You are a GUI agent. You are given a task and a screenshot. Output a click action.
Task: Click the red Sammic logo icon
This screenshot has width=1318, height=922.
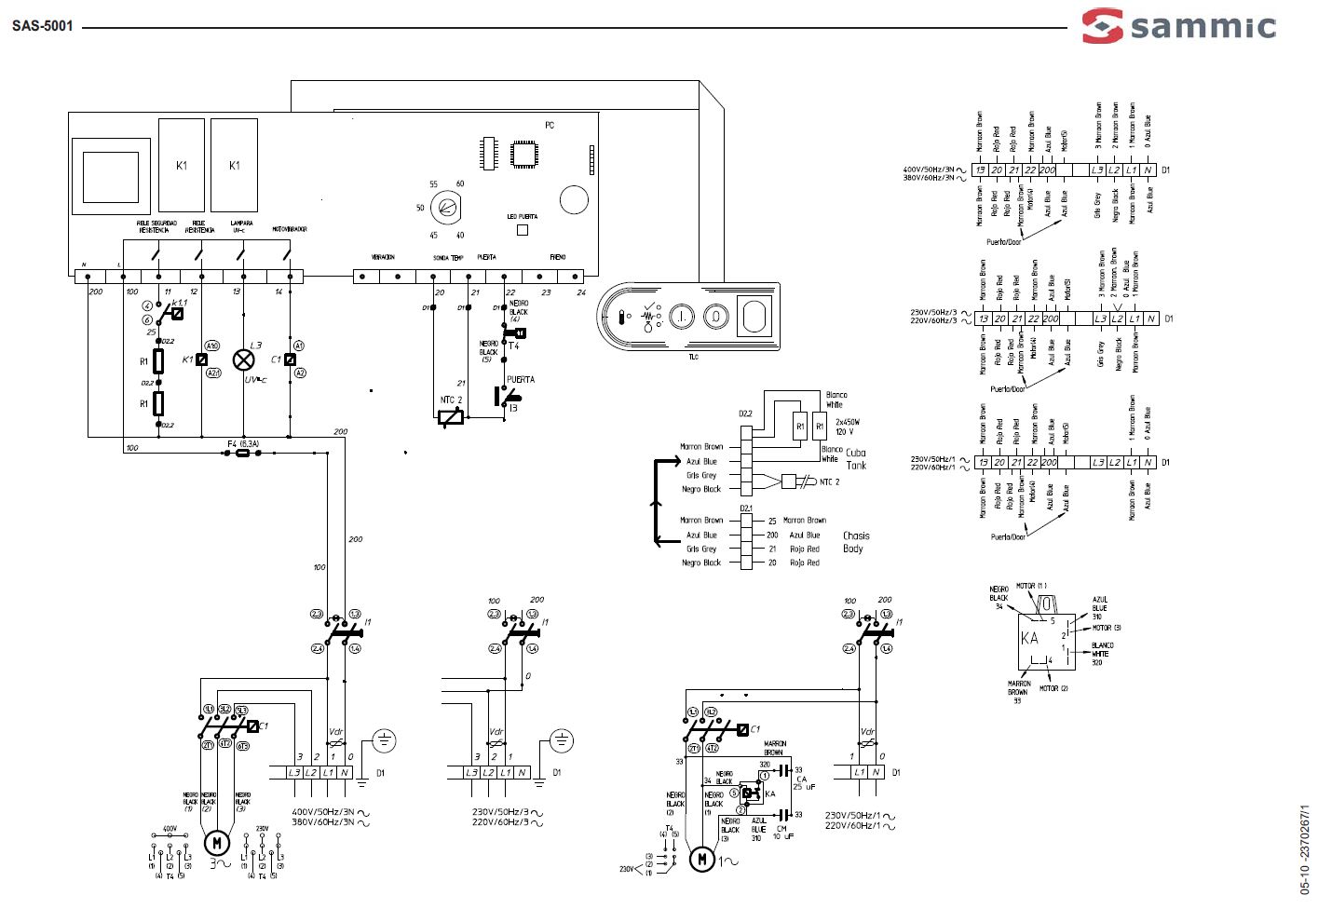1103,25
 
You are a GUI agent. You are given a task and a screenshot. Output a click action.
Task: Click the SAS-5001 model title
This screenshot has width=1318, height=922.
43,26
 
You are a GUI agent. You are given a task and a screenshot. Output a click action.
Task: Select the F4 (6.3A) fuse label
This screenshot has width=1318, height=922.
242,443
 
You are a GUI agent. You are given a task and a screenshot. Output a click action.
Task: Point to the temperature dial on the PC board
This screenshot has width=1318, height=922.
448,208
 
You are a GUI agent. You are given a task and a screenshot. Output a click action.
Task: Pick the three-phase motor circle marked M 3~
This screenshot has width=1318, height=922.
216,843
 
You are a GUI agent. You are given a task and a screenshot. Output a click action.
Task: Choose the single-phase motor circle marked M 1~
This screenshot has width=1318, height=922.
701,859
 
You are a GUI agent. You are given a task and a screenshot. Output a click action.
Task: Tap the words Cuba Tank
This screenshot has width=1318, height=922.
855,458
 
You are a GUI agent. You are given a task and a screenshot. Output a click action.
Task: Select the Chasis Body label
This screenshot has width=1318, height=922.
855,542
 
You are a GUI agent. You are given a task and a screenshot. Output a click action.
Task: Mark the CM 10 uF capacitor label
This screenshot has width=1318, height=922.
788,831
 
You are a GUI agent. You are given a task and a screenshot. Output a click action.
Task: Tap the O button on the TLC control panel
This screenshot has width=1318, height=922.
715,317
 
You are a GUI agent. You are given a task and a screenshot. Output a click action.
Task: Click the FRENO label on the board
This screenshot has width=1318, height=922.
557,257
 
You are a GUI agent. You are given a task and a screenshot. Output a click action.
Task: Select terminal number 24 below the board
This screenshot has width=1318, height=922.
581,292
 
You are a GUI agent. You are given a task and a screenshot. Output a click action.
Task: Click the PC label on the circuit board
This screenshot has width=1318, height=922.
550,125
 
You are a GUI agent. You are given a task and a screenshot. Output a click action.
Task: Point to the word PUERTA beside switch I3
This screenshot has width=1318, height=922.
520,380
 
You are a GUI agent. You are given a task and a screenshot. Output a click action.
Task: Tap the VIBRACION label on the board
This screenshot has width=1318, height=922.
383,257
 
